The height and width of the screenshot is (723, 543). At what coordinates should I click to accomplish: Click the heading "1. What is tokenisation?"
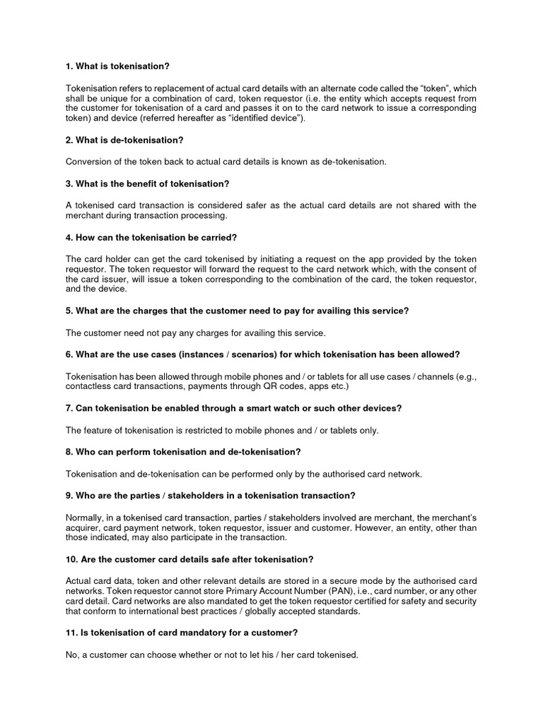(x=117, y=66)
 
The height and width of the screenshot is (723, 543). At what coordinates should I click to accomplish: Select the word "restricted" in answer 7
(x=203, y=430)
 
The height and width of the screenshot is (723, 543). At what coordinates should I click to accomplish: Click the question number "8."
(x=69, y=452)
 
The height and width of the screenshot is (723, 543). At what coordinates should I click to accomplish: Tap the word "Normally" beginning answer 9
(x=86, y=517)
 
